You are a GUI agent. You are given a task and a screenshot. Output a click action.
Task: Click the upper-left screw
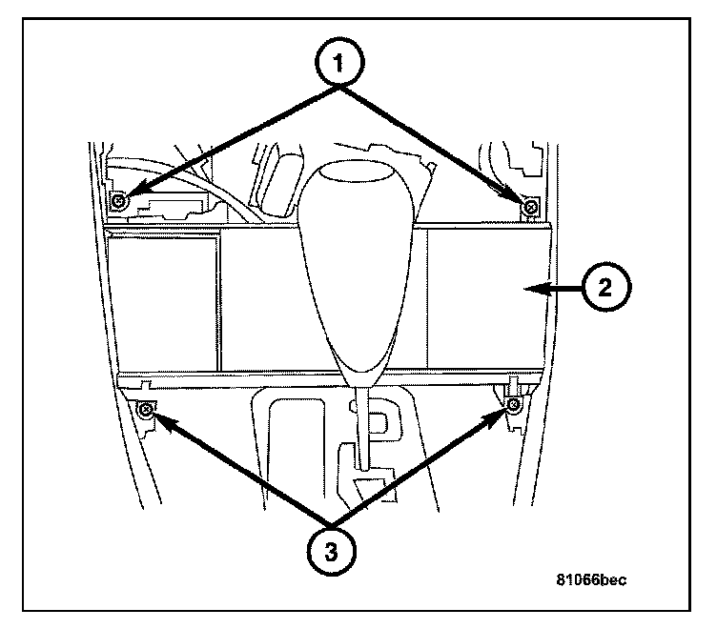pyautogui.click(x=118, y=201)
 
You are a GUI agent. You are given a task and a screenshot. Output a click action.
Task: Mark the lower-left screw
pyautogui.click(x=145, y=410)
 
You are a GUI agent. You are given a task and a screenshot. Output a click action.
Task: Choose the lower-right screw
pyautogui.click(x=513, y=407)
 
